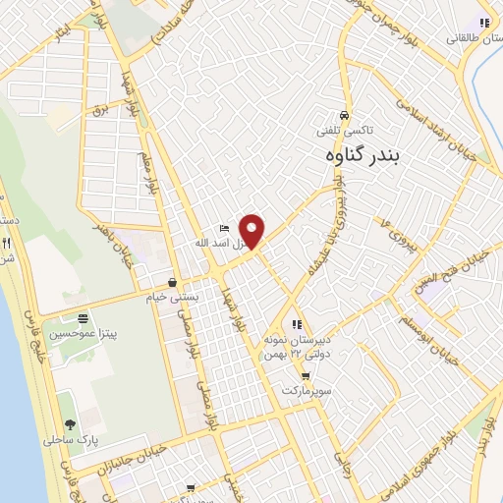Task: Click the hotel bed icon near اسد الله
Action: [x=223, y=229]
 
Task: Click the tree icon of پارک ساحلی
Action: [x=67, y=424]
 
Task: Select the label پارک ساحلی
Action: [x=66, y=441]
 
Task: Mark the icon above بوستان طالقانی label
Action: [x=482, y=23]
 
